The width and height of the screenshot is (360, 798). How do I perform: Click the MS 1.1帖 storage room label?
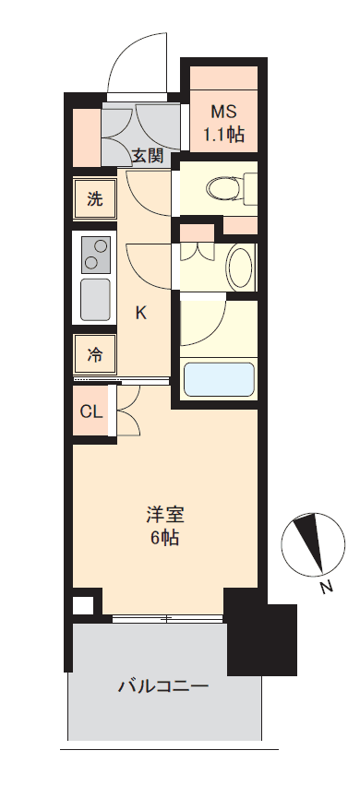(x=224, y=123)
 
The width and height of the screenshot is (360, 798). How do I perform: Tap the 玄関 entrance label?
(x=149, y=156)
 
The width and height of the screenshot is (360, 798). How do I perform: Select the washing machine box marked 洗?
(x=95, y=199)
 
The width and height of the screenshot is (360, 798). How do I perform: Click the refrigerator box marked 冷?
(x=95, y=355)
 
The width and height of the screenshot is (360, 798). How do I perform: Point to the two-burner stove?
(x=95, y=255)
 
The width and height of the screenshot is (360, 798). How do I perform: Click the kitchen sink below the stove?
(x=95, y=299)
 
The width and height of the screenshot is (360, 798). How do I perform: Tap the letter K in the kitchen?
(x=140, y=314)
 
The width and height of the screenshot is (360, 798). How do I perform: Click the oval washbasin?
(x=240, y=267)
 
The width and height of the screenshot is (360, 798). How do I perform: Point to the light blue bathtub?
(x=219, y=379)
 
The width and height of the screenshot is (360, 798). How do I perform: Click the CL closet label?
(x=91, y=412)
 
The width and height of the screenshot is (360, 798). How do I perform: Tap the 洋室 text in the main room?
(x=164, y=516)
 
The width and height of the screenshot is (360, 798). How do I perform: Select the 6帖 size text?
(x=164, y=538)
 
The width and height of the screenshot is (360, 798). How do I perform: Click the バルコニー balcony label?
(x=163, y=686)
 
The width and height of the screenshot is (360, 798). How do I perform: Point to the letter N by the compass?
(x=327, y=587)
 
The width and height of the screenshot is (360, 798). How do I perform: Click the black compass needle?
(x=310, y=541)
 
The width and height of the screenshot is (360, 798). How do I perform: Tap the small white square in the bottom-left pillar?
(x=83, y=605)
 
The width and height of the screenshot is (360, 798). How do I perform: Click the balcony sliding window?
(x=167, y=619)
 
